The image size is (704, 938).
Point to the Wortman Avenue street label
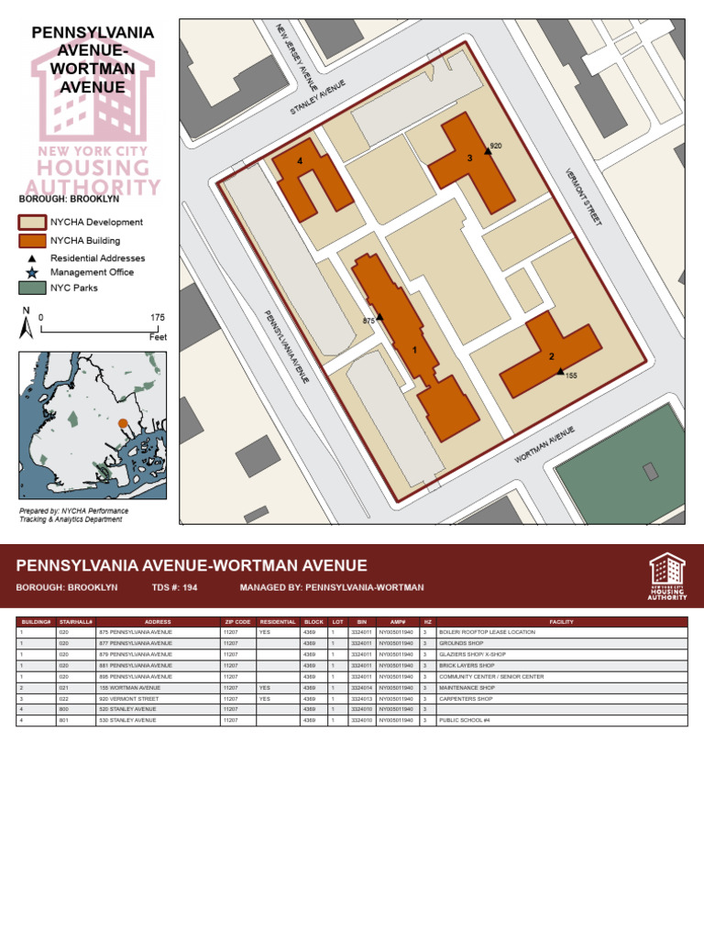click(x=544, y=443)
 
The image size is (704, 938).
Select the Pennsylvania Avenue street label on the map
click(x=286, y=346)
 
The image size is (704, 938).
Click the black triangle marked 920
click(x=488, y=151)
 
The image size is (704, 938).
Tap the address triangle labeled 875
click(x=379, y=317)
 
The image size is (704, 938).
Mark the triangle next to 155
click(x=560, y=371)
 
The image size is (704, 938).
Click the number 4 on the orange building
click(x=300, y=161)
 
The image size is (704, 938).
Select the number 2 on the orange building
click(x=552, y=356)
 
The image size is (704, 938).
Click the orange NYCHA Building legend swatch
click(x=32, y=240)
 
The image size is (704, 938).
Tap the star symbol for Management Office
click(x=32, y=272)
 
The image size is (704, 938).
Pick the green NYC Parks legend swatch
click(x=32, y=288)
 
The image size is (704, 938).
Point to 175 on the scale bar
click(x=158, y=318)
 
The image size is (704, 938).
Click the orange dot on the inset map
click(x=123, y=423)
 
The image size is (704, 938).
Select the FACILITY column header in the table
click(x=561, y=622)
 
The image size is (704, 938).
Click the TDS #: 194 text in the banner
click(x=174, y=587)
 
